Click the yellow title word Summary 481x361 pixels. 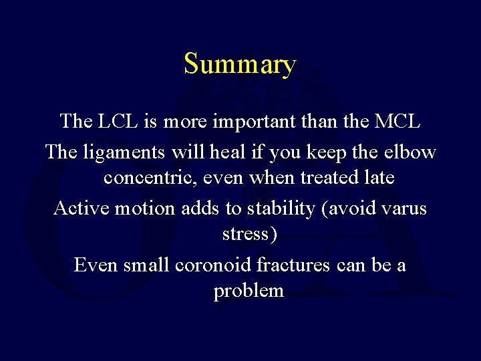240,65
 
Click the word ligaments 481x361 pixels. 126,152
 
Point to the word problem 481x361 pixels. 249,292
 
